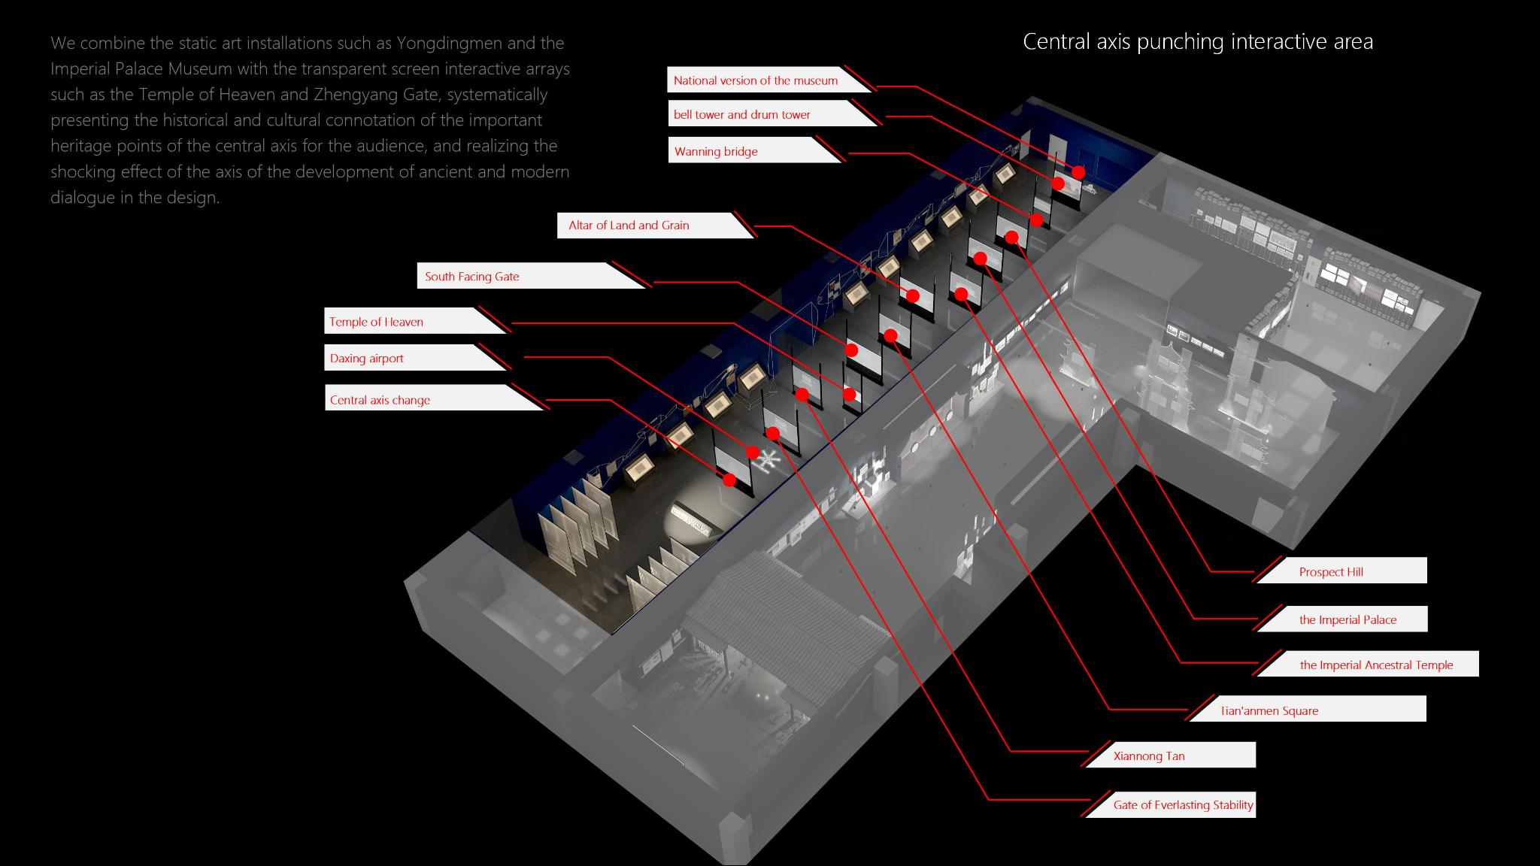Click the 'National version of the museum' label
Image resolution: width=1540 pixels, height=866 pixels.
755,80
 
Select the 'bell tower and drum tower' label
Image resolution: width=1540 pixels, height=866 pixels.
741,114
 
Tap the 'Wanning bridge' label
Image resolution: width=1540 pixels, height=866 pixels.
716,151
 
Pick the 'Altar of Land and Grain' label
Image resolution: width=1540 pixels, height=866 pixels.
629,225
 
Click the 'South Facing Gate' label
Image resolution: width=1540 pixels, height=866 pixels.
472,276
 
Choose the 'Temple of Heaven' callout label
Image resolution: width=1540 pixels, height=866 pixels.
376,322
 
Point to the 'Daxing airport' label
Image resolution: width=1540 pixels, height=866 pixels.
367,358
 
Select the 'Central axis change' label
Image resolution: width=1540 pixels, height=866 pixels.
380,400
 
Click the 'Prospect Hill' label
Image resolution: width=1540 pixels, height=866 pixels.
1331,571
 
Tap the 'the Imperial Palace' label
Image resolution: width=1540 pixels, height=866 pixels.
1347,619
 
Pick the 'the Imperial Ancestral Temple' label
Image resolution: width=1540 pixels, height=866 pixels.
1376,665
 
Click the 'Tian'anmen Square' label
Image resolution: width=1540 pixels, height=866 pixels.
1269,710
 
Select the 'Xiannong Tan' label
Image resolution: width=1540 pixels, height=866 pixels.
1149,756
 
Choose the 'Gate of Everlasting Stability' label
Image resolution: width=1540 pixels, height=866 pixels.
1183,804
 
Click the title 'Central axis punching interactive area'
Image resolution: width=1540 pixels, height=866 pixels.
1198,41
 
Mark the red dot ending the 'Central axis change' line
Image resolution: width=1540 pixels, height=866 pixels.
729,480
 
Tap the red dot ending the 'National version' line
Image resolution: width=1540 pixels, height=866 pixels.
1078,172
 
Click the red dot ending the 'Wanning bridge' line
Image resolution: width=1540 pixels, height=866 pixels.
1037,220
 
